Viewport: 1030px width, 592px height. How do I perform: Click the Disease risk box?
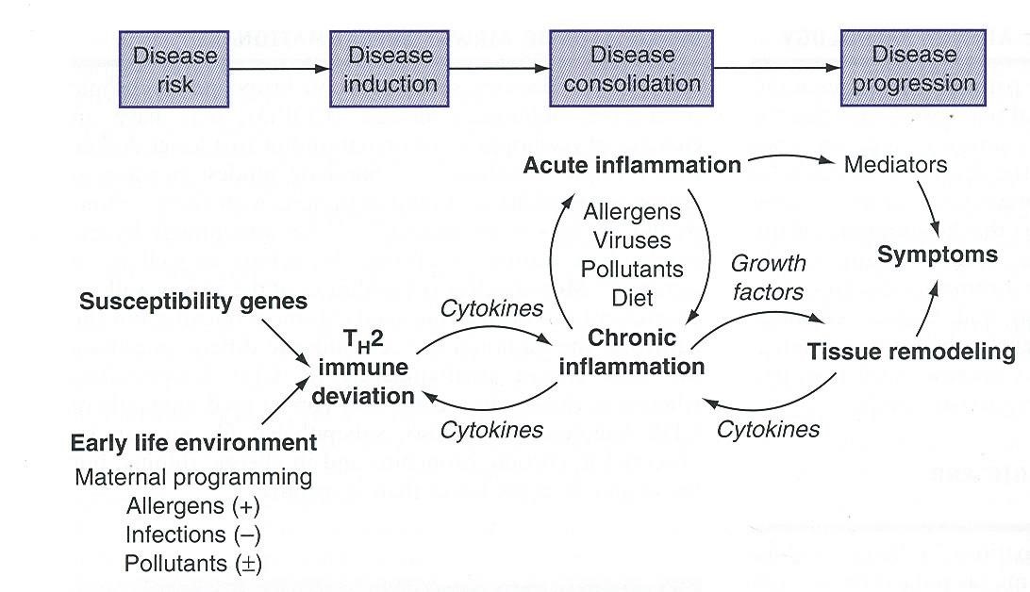(174, 69)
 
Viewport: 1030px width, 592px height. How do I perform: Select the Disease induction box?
(390, 69)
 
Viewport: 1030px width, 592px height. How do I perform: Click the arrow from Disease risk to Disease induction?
(278, 69)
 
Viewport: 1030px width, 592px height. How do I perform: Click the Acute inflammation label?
(632, 165)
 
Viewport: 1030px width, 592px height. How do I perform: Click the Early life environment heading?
(194, 442)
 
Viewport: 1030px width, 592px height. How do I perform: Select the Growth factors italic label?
(768, 277)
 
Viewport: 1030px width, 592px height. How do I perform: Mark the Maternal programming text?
(193, 477)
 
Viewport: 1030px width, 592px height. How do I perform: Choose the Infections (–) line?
(193, 534)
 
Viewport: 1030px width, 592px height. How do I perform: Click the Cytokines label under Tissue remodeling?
(768, 429)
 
